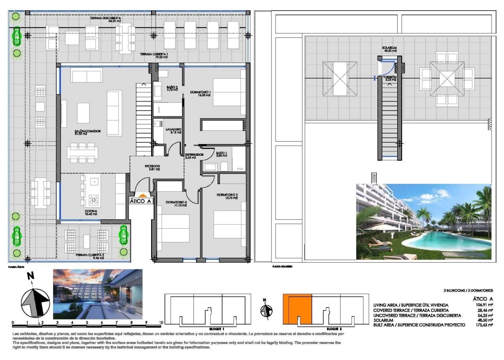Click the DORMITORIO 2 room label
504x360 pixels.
pos(227,196)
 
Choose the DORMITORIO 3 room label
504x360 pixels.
pos(176,203)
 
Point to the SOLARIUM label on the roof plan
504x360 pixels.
pos(389,49)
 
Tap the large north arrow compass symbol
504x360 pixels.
pos(34,300)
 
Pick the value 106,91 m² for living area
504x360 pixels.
pos(482,305)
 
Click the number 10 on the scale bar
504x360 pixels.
pos(161,323)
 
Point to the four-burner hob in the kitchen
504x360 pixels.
pos(93,200)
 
